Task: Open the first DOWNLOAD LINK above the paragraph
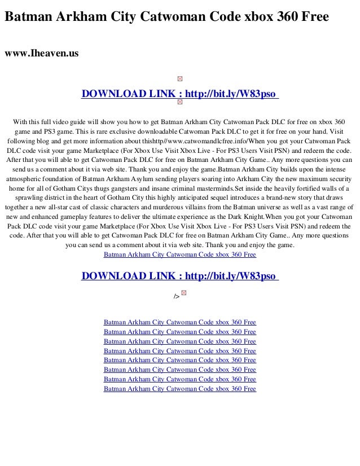(180, 93)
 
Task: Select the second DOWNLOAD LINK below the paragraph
(180, 276)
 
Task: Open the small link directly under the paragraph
(180, 255)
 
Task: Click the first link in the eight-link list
(180, 322)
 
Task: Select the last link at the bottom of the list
(180, 389)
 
